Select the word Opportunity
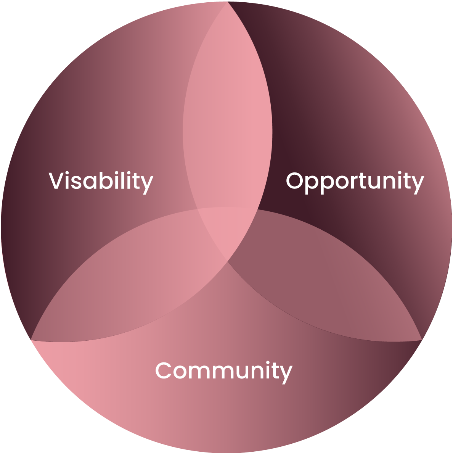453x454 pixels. click(355, 183)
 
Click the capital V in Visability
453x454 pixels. click(56, 181)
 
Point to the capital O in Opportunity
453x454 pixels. click(294, 181)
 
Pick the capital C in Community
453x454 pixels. click(164, 370)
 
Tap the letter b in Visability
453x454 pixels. click(106, 180)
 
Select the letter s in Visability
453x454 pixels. click(76, 182)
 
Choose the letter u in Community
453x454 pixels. click(243, 372)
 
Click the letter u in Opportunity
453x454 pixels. click(374, 182)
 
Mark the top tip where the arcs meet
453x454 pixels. click(228, 2)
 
